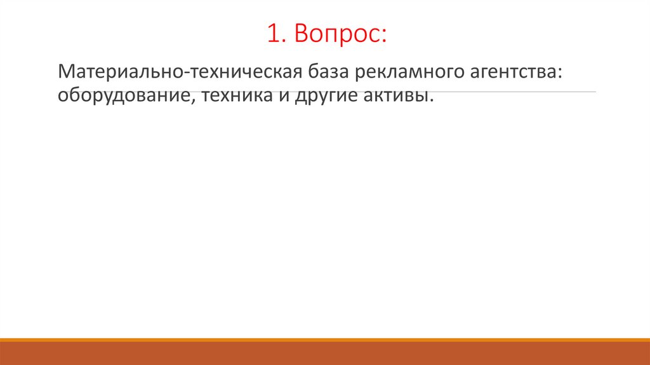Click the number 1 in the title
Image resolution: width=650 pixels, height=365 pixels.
point(272,36)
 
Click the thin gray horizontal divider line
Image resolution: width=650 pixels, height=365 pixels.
point(578,92)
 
